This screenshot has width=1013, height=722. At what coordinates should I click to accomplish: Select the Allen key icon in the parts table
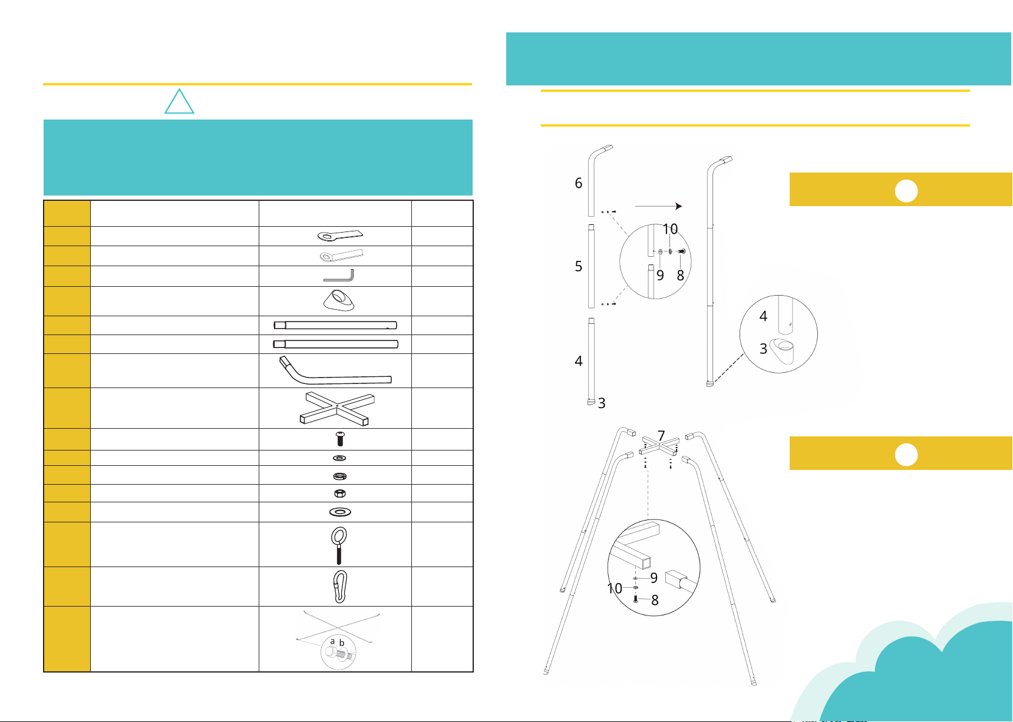[339, 276]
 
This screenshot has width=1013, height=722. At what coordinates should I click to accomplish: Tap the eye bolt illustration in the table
[339, 545]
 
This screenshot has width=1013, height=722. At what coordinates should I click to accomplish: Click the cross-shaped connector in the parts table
[337, 408]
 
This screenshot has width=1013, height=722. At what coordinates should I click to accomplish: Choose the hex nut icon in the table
[339, 494]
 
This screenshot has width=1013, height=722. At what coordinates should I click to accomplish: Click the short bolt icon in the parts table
[339, 439]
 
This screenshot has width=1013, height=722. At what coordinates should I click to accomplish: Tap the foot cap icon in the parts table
[339, 300]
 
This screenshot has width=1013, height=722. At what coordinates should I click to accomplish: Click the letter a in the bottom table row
[332, 641]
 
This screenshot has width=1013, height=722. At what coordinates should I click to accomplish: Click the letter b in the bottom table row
[341, 642]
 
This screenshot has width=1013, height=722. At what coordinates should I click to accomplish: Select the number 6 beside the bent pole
[579, 183]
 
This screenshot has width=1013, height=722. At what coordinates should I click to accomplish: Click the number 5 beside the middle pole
[579, 266]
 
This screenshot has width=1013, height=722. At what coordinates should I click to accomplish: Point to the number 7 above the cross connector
[661, 436]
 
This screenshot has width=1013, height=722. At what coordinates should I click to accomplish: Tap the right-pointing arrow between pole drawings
[658, 206]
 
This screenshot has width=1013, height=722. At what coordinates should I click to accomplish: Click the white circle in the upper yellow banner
[906, 191]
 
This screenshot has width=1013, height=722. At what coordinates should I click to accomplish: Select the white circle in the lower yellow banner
[906, 455]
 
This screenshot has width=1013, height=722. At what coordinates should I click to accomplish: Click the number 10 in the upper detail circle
[670, 228]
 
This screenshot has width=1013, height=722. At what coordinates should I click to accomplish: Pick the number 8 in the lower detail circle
[655, 600]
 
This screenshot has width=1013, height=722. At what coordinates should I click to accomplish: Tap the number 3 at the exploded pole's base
[602, 403]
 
